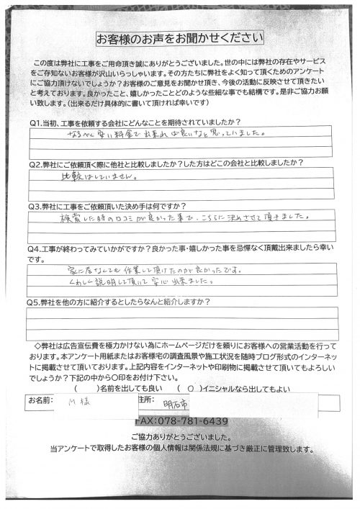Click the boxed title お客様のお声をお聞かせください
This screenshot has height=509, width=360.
[180, 37]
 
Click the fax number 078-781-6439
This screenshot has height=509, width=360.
[181, 420]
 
